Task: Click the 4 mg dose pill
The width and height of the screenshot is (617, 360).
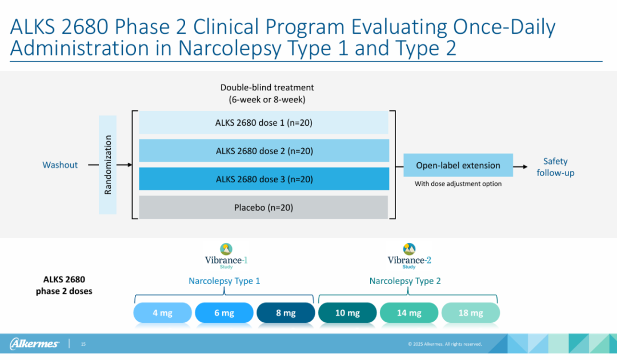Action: coord(162,313)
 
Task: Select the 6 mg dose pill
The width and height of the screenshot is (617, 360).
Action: coord(224,313)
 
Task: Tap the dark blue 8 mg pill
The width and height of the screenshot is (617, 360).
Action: coord(286,313)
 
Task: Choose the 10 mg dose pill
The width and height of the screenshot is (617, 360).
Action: coord(347,313)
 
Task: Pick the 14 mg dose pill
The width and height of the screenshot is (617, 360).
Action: coord(409,313)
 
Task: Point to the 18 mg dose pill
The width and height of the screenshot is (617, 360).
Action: coord(471,313)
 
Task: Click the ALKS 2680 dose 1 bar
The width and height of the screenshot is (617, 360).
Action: coord(263,122)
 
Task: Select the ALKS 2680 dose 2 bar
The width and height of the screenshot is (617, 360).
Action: coord(263,151)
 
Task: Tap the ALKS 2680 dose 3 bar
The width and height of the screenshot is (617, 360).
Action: coord(263,179)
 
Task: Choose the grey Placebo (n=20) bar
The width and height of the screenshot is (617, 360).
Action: coord(263,207)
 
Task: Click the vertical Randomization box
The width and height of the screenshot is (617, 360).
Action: coord(107,165)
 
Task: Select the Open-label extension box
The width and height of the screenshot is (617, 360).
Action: coord(458,165)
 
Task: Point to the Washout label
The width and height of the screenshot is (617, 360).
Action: coord(60,165)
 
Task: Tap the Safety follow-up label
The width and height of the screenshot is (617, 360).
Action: coord(555,167)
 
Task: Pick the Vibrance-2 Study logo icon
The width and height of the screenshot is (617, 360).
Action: coord(409,249)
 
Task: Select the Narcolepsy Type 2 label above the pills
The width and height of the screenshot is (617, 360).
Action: coord(405,281)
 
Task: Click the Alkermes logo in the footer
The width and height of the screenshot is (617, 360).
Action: coord(34,343)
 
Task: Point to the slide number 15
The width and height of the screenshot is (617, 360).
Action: coord(83,344)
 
